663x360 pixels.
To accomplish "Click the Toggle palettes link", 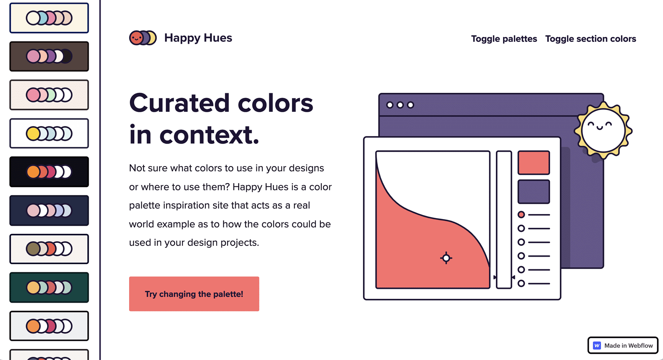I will [x=504, y=39].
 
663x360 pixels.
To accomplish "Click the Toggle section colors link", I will [x=590, y=39].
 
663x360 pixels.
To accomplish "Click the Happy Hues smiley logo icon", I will [x=143, y=38].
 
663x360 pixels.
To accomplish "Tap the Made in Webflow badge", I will [x=623, y=345].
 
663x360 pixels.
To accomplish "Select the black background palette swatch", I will [x=49, y=172].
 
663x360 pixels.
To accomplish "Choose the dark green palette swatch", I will [x=49, y=287].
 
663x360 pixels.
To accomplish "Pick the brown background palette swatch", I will [x=49, y=56].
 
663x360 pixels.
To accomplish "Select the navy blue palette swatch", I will [x=49, y=210].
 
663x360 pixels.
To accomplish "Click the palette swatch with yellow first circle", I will [x=49, y=133].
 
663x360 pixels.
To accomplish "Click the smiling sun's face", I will [x=603, y=130].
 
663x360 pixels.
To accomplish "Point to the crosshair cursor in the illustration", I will [x=446, y=257].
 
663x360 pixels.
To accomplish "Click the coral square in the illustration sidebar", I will [x=534, y=162].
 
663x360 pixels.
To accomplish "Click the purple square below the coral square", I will [x=534, y=191].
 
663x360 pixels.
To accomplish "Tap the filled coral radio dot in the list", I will [x=521, y=215].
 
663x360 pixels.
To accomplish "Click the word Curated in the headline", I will [x=179, y=103].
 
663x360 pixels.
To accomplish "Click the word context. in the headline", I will [x=209, y=135].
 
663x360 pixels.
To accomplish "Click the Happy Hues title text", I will [x=198, y=38].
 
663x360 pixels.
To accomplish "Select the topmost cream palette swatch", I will [x=49, y=18].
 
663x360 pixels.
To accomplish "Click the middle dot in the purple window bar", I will [x=400, y=105].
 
